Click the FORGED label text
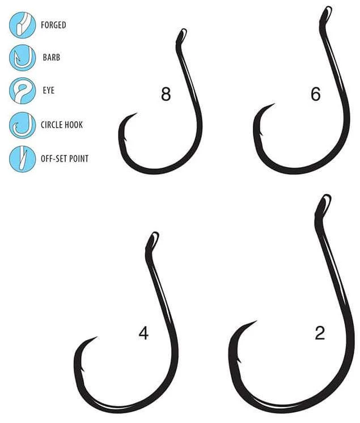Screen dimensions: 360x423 pos(53,25)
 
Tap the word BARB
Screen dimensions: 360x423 pos(51,57)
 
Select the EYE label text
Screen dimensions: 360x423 pos(49,90)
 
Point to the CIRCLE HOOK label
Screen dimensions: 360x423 pos(62,125)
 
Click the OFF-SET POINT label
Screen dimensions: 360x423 pos(65,158)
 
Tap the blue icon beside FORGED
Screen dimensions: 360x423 pos(22,25)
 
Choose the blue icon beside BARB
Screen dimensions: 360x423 pos(22,58)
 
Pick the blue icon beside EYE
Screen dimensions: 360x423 pos(22,91)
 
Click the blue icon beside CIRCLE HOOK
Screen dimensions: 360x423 pos(22,125)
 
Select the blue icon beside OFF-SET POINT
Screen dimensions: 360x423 pos(22,159)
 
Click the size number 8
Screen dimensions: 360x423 pos(166,94)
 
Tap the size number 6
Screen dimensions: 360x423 pos(316,94)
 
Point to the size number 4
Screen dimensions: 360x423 pos(143,333)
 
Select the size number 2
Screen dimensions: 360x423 pos(320,333)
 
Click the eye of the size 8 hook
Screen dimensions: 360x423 pos(181,36)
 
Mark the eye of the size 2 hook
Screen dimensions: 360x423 pos(324,204)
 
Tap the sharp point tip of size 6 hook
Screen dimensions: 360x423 pos(274,104)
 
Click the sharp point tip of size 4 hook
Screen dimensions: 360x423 pos(97,337)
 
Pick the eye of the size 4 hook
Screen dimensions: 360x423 pos(153,241)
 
